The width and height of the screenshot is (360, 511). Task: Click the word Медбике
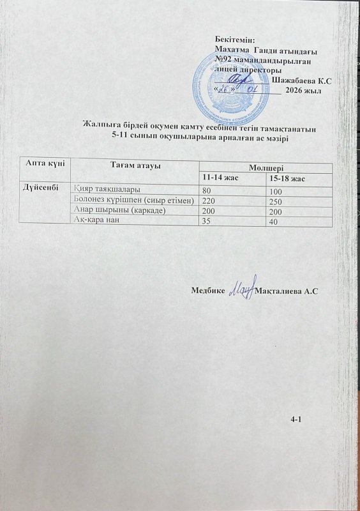(207, 291)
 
